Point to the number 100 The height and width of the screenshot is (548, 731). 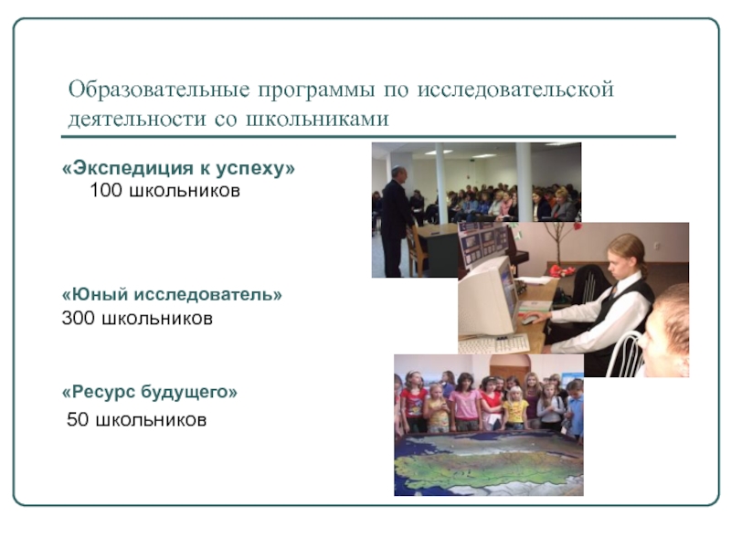pyautogui.click(x=107, y=192)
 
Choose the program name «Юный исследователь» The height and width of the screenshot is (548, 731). pyautogui.click(x=172, y=295)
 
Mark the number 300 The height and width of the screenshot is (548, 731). pyautogui.click(x=78, y=319)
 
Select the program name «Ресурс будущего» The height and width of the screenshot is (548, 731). pyautogui.click(x=150, y=392)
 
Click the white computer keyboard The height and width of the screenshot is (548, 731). pyautogui.click(x=494, y=344)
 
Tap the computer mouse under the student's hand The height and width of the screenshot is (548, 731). pyautogui.click(x=530, y=321)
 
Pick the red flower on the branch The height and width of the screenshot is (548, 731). pyautogui.click(x=558, y=270)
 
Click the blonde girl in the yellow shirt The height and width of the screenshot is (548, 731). pyautogui.click(x=516, y=408)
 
